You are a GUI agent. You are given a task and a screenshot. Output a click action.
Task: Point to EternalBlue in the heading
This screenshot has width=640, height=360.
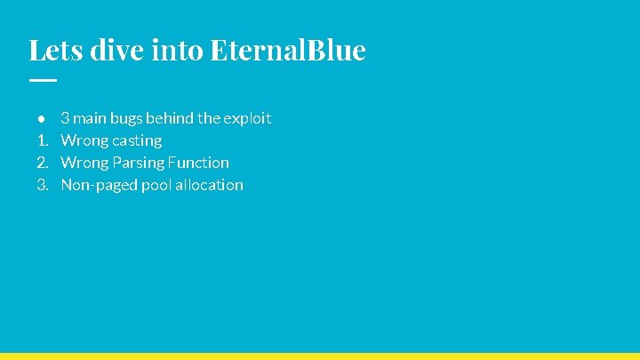pyautogui.click(x=288, y=50)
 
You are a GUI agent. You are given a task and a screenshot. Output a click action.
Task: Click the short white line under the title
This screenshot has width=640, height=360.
pyautogui.click(x=42, y=80)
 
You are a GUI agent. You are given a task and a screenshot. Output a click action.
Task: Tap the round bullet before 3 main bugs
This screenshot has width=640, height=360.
pyautogui.click(x=41, y=118)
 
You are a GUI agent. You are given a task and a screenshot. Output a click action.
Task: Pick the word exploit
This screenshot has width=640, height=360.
pyautogui.click(x=248, y=118)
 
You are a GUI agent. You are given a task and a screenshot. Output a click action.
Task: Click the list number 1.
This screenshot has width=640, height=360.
pyautogui.click(x=41, y=140)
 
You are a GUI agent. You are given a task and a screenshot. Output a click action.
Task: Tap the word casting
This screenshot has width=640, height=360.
pyautogui.click(x=137, y=140)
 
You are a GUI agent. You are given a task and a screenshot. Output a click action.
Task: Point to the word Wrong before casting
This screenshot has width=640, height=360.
pyautogui.click(x=84, y=140)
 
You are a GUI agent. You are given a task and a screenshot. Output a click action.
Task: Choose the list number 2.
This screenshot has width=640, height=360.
pyautogui.click(x=42, y=163)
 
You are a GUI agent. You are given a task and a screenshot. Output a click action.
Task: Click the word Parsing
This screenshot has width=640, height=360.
pyautogui.click(x=138, y=163)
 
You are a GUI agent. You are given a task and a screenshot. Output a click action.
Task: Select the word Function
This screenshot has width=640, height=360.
pyautogui.click(x=199, y=163)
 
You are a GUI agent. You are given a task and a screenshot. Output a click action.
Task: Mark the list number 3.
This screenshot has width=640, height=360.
pyautogui.click(x=42, y=185)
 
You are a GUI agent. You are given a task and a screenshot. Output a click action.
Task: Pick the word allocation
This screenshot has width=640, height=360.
pyautogui.click(x=210, y=185)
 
